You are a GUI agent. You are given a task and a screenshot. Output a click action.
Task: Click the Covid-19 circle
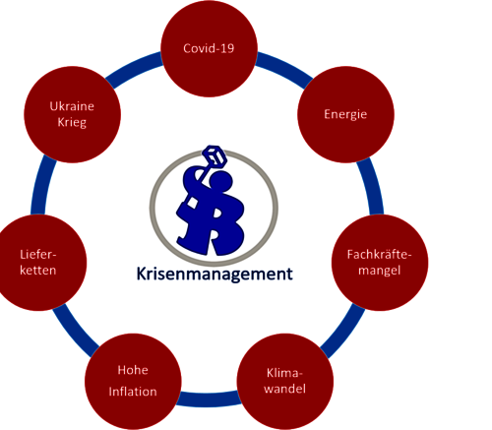coord(209,48)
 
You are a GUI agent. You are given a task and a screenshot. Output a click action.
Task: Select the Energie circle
coord(345,114)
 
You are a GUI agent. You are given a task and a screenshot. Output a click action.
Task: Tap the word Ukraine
coord(72,106)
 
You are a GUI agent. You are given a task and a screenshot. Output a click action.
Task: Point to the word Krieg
coord(72,122)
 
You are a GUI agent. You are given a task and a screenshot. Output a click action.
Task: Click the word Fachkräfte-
coord(379,255)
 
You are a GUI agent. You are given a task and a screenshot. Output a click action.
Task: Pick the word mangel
coord(380,271)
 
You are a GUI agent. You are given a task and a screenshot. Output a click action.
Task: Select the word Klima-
coord(284,373)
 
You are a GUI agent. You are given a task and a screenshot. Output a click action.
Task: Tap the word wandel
coord(284,389)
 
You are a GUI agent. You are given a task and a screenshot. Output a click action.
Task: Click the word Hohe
coord(133,370)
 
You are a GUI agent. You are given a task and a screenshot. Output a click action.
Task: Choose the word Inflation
coord(133,392)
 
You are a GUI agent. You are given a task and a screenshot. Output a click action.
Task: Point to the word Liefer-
coord(38,255)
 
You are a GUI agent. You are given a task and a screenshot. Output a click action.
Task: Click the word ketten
coord(38,271)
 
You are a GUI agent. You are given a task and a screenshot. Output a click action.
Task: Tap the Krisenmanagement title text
coord(215,274)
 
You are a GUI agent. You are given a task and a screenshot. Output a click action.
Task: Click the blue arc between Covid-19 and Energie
coord(284,67)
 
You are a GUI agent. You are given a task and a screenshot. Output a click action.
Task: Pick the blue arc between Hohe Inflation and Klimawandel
coord(209,399)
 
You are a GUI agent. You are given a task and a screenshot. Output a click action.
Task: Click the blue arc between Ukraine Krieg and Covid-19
coord(134,67)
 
